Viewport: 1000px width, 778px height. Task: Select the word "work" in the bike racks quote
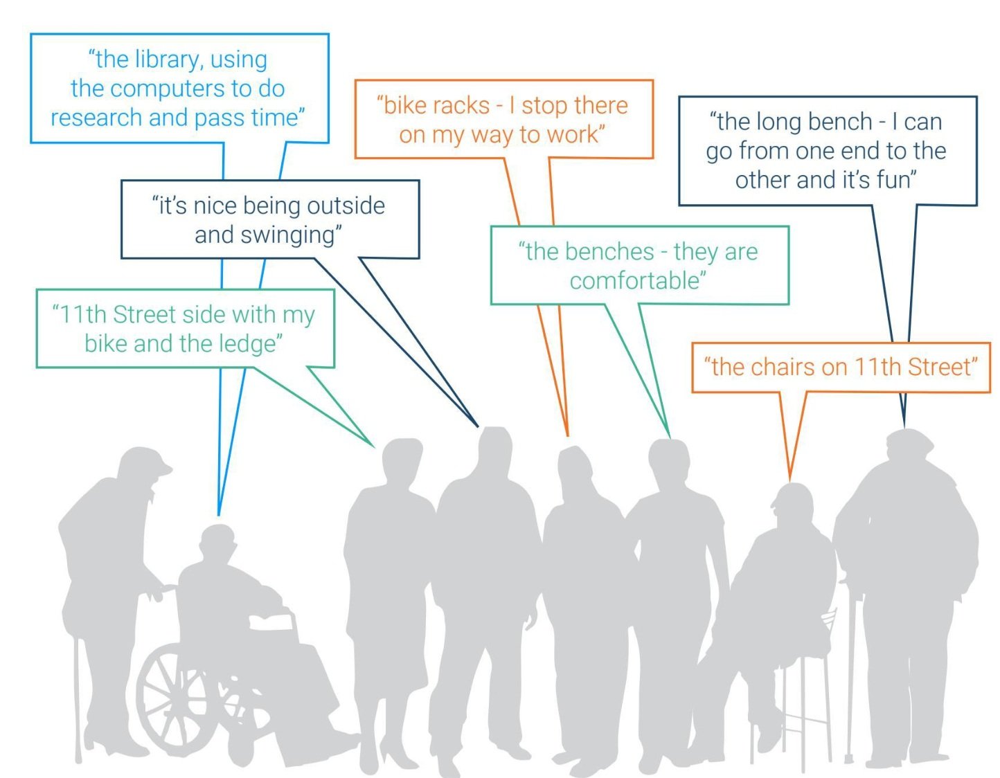coord(571,134)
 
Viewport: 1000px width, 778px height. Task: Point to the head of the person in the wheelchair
coord(217,543)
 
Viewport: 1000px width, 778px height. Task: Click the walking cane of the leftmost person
coord(78,699)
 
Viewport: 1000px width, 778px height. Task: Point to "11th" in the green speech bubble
coord(82,315)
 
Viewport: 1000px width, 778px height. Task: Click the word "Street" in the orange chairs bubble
coord(940,367)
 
